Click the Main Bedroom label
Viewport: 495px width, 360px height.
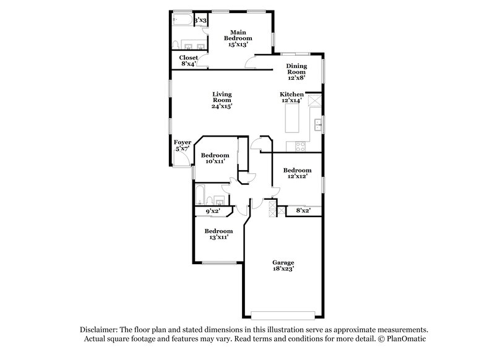click(238, 38)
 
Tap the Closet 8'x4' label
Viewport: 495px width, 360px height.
click(189, 60)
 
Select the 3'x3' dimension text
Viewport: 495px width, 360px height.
click(200, 21)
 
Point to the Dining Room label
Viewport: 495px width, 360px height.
click(297, 72)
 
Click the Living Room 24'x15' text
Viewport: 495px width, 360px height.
click(221, 100)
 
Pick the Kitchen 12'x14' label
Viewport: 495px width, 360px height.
click(293, 97)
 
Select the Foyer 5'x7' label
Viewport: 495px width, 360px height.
click(182, 146)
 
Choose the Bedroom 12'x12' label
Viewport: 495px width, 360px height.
click(297, 173)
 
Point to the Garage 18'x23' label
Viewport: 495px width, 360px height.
click(282, 265)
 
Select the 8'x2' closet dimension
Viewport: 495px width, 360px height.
click(303, 211)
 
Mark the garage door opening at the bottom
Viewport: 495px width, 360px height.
click(283, 312)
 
